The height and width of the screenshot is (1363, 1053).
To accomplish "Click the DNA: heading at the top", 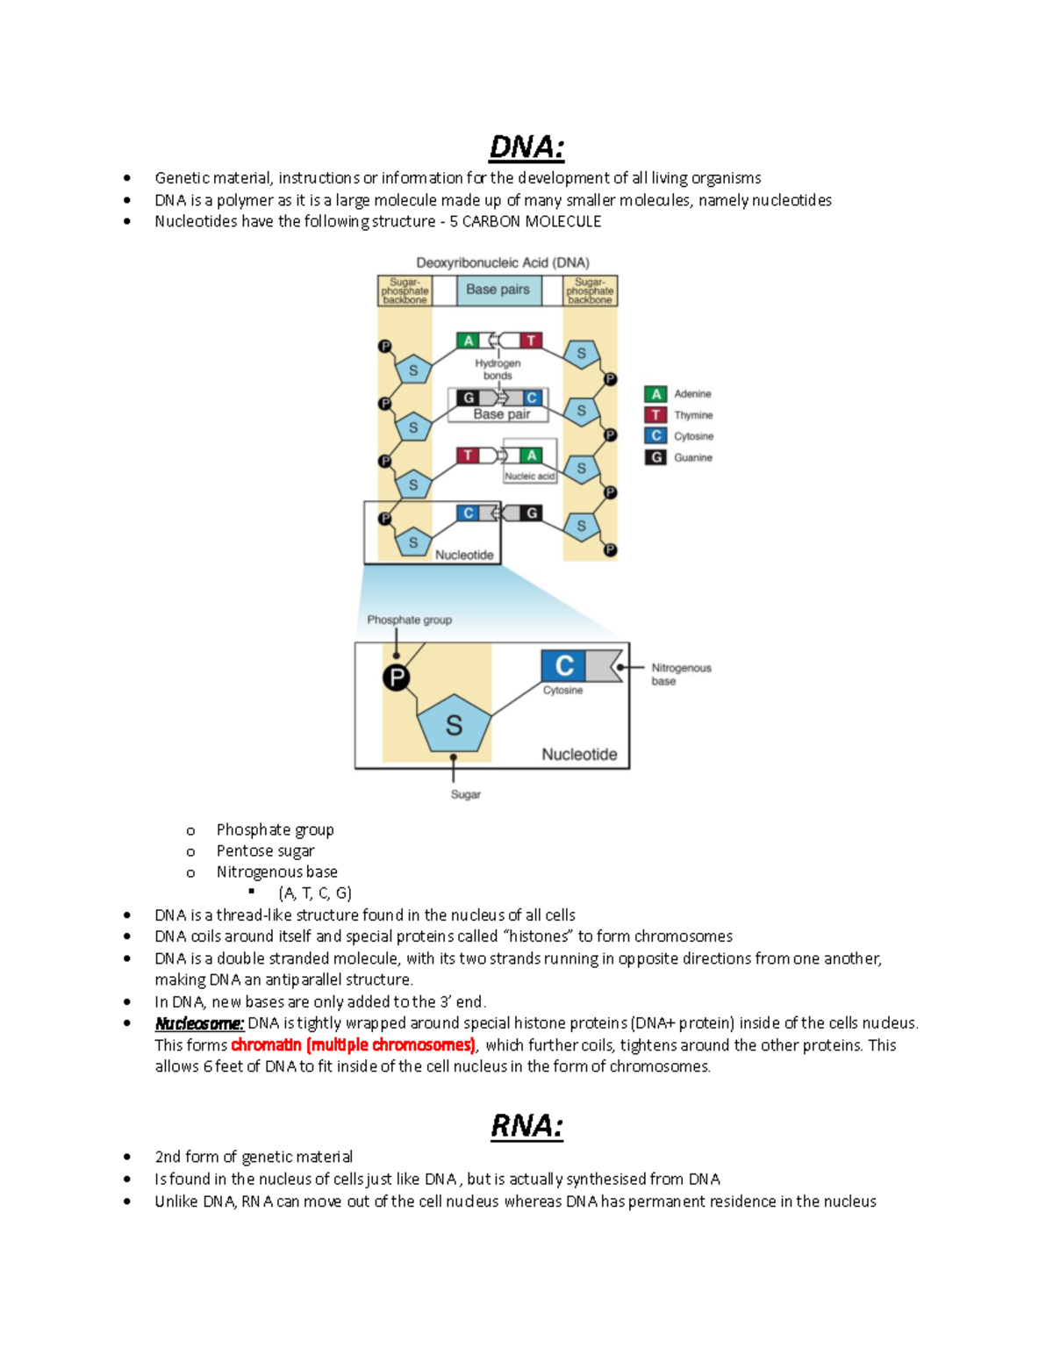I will point(526,147).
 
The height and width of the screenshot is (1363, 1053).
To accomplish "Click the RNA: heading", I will point(526,1126).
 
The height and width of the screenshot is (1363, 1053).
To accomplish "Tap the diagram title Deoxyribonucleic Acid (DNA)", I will point(502,262).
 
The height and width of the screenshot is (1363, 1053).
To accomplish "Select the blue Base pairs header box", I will point(498,290).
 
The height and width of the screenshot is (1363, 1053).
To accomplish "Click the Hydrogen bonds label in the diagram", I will point(498,369).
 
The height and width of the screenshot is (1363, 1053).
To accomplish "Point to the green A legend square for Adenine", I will point(655,394).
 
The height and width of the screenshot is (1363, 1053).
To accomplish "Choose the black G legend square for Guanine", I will point(655,457).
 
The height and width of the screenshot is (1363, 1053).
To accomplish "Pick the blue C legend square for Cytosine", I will point(655,436).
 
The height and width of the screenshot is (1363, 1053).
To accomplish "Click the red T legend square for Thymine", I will point(655,415).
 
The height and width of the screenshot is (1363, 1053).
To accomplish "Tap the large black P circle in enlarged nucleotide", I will point(397,678).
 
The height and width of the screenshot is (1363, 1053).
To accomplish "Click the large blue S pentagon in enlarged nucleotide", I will point(454,725).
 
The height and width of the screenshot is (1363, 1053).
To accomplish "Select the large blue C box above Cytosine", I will point(563,666).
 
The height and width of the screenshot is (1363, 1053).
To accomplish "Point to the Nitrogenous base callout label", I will point(680,674).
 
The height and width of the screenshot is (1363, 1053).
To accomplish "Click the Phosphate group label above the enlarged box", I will point(409,620).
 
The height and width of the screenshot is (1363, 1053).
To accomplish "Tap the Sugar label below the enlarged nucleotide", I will point(465,794).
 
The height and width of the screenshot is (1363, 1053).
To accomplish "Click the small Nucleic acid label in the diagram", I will point(529,476).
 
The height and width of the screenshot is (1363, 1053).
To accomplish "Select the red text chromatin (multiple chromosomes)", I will point(353,1045).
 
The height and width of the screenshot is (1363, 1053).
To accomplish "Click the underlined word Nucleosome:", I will point(199,1023).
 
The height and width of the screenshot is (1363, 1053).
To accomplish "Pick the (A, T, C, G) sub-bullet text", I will point(315,893).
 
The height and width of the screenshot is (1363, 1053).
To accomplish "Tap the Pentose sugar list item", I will point(265,850).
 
